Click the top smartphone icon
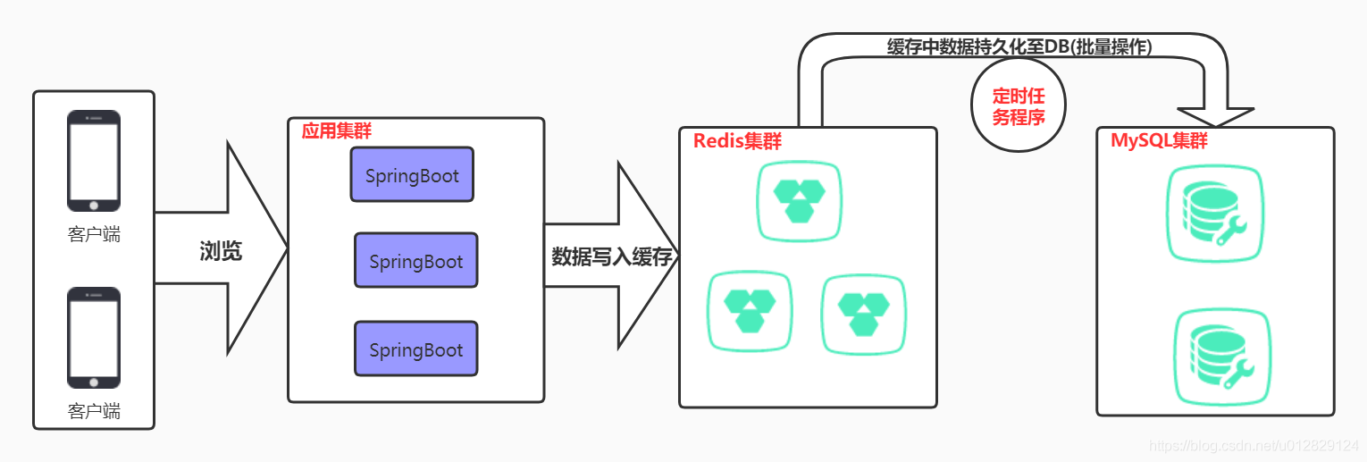94,161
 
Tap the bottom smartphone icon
94,338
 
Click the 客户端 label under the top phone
94,235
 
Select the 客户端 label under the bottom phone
94,412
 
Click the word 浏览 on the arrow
221,251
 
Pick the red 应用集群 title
336,131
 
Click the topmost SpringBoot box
412,175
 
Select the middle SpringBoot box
415,261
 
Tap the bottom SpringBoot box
415,349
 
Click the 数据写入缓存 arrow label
611,257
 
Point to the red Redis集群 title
737,141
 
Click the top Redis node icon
800,201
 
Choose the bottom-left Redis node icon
750,311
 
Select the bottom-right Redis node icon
863,313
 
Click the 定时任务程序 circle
1019,105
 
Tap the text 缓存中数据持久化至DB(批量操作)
1019,47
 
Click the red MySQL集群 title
1159,141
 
